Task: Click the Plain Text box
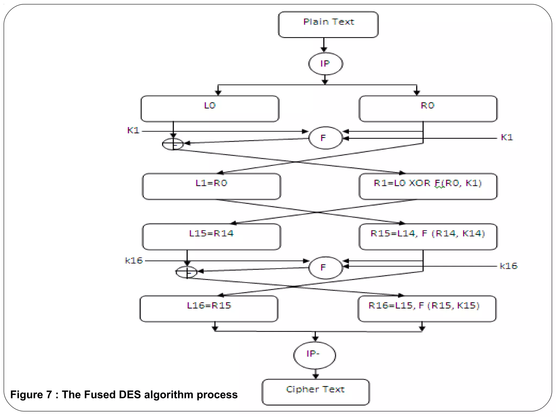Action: coord(328,24)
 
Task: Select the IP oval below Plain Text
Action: coord(326,64)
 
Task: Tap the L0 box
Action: coord(210,109)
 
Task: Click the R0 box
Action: coord(428,109)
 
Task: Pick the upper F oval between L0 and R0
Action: coord(326,138)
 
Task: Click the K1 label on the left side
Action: coord(133,131)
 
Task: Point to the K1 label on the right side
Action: coord(507,137)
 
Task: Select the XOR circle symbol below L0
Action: coord(173,144)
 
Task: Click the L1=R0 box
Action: coord(211,186)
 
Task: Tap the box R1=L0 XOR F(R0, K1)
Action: coord(428,186)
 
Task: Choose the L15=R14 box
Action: coord(211,236)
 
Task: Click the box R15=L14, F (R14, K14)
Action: coord(428,236)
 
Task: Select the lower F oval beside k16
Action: coord(326,268)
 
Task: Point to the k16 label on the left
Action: coord(134,261)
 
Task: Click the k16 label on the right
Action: coord(508,266)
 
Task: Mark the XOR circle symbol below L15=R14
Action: coord(187,272)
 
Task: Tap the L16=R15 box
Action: coord(209,309)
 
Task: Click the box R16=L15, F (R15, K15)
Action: coord(427,309)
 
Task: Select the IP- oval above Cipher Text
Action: coord(314,355)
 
